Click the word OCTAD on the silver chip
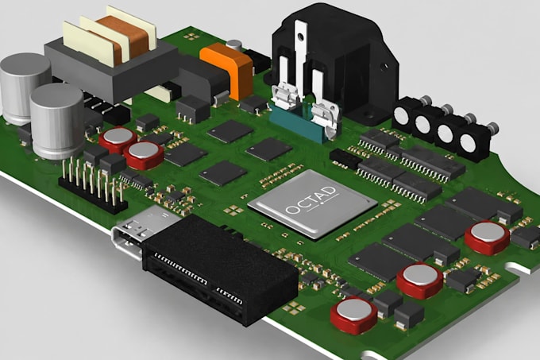coord(311,200)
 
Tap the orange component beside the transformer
coord(228,68)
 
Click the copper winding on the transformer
coord(123,39)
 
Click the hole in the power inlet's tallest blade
coord(301,37)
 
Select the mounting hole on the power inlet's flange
coord(383,65)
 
